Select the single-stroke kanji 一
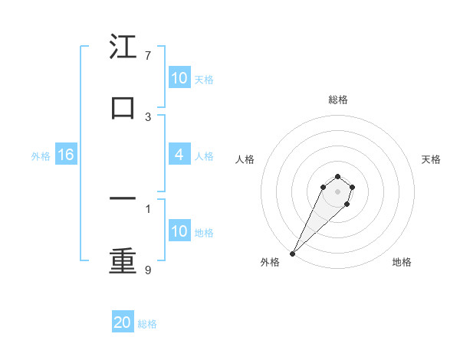[123, 198]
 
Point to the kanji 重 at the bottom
[123, 260]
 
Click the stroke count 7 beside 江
[148, 56]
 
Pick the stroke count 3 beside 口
[148, 117]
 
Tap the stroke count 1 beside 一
[148, 208]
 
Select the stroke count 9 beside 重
[148, 270]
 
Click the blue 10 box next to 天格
[179, 78]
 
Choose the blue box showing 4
[179, 155]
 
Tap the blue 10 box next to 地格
[179, 231]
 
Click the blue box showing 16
[66, 155]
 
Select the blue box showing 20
[123, 322]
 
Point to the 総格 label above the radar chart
[337, 100]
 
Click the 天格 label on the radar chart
[432, 159]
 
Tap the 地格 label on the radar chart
[402, 262]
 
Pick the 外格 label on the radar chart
[271, 262]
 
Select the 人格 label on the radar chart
[245, 159]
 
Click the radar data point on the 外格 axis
[293, 253]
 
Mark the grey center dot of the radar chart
[337, 191]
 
